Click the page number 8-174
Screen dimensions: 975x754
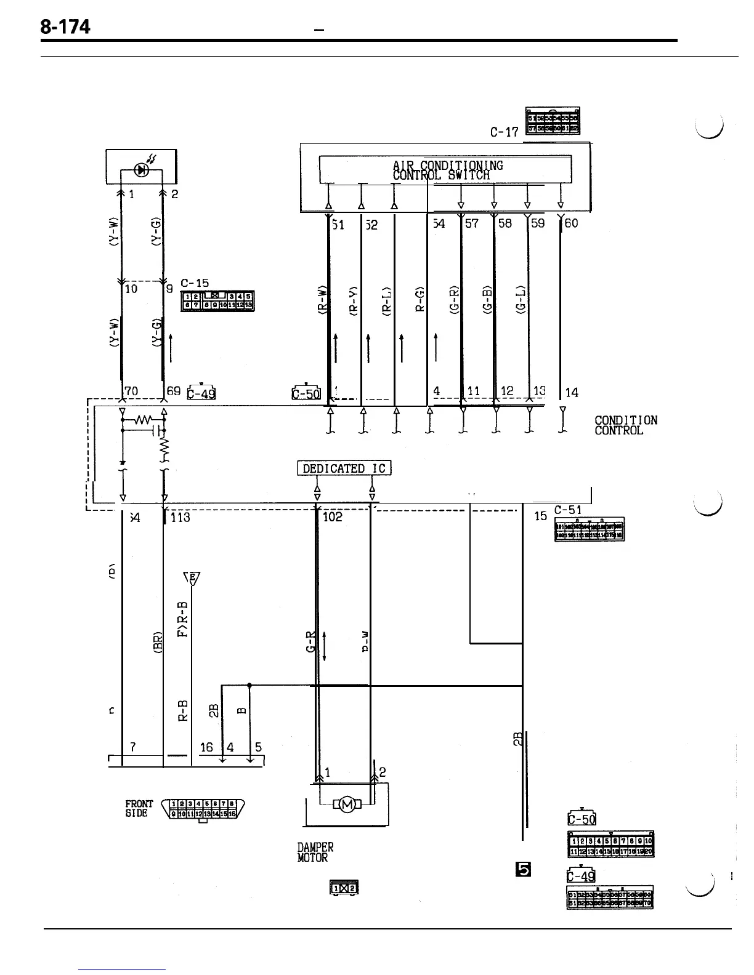[65, 27]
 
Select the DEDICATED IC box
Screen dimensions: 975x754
[344, 468]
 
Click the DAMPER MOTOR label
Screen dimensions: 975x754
[315, 853]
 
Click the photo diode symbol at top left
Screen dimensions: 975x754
[141, 171]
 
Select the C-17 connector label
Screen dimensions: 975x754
[504, 132]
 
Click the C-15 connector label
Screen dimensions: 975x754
[195, 284]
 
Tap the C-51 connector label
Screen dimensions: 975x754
[567, 510]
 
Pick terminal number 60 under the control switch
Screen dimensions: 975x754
[571, 223]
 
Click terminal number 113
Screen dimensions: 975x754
[180, 518]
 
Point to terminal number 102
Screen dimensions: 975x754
[332, 517]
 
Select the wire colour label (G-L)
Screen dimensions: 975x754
[522, 300]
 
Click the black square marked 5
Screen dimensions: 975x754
[524, 869]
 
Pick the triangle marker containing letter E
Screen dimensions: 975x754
[192, 578]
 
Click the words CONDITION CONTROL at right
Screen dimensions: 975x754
[625, 425]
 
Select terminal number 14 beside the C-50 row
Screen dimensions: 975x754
[571, 392]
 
